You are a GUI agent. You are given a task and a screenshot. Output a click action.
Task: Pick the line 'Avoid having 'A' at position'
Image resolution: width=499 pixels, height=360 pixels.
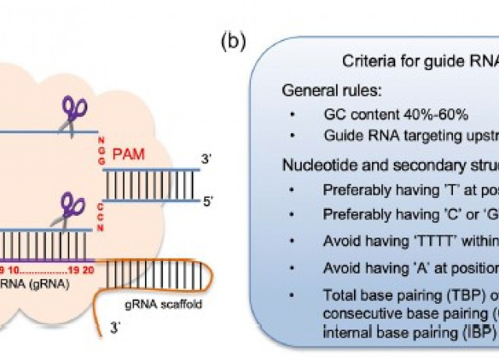click(410, 268)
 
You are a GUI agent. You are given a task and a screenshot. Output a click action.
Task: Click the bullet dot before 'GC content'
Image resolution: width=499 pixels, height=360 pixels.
click(291, 115)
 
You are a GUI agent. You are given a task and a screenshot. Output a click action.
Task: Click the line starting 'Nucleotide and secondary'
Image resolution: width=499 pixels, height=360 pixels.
click(390, 165)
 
